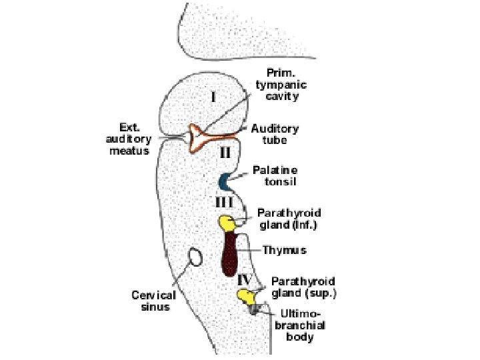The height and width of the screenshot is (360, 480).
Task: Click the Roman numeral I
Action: (213, 97)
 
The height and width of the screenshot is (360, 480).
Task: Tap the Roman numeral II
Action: (226, 152)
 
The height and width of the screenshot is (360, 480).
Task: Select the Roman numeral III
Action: (223, 201)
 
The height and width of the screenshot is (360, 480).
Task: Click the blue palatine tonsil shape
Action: (226, 180)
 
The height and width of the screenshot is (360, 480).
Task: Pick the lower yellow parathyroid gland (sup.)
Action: (245, 295)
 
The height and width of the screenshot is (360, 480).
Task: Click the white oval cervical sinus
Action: (195, 257)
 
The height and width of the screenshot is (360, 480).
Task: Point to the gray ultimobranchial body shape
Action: (255, 309)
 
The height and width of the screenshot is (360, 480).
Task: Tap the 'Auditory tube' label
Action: (275, 134)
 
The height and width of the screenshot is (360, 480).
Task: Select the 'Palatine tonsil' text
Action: (275, 175)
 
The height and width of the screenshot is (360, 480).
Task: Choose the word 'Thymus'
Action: (285, 250)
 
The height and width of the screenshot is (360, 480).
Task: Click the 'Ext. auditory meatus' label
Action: (129, 139)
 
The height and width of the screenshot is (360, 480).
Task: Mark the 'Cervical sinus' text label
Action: (153, 301)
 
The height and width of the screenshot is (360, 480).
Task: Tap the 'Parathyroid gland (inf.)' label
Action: (289, 219)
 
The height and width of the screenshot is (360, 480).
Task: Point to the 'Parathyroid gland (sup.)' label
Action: (303, 287)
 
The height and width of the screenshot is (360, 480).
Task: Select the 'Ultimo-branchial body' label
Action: (297, 324)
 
